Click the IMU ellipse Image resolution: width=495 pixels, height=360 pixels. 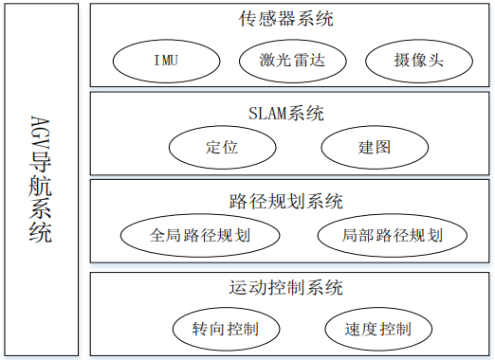click(164, 62)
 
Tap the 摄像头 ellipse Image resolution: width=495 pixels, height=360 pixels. click(417, 62)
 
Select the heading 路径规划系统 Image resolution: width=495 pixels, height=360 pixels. click(286, 201)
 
